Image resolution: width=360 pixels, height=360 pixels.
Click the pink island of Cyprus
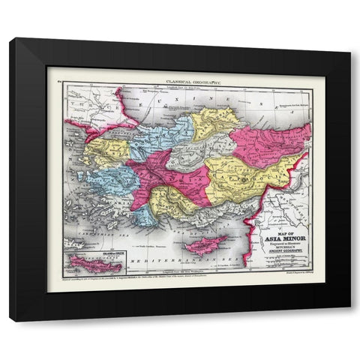click(205, 244)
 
